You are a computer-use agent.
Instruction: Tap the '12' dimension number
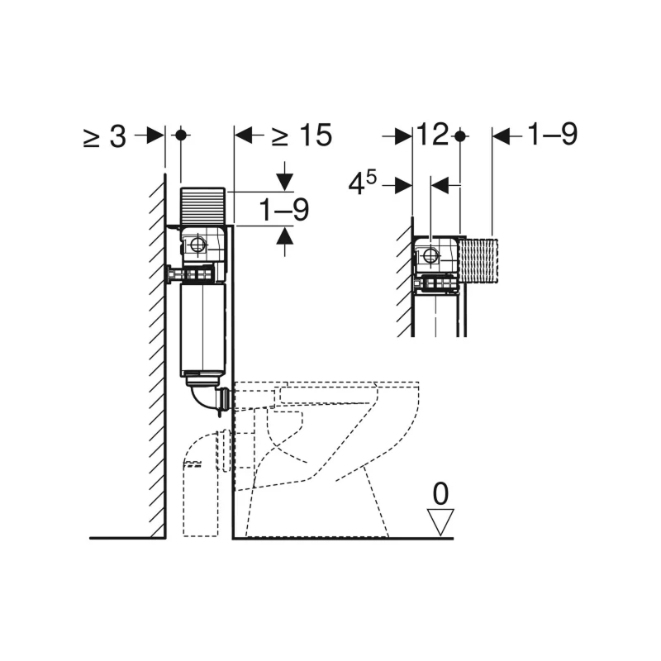coord(433,135)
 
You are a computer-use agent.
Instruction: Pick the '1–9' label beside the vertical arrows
coord(284,212)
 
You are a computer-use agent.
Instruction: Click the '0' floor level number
coord(441,495)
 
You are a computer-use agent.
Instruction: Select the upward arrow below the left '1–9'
coord(284,240)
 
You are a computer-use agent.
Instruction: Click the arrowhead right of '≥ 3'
coord(155,136)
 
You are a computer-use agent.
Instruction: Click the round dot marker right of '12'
coord(461,136)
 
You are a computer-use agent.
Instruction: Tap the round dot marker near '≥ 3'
coord(181,136)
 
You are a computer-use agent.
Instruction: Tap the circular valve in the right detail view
coord(430,255)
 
